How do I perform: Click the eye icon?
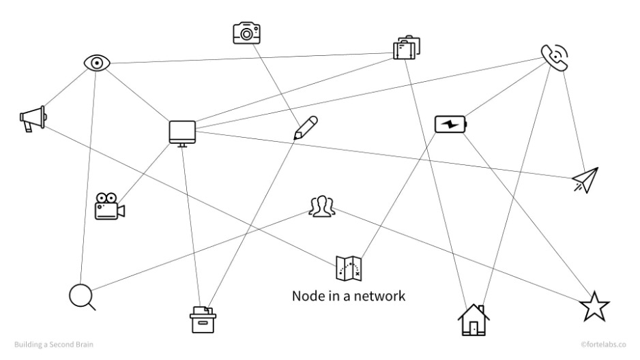tap(98, 63)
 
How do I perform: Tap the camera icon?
tap(247, 32)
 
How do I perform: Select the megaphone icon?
tap(33, 119)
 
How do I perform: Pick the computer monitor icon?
tap(182, 132)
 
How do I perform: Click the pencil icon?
tap(305, 127)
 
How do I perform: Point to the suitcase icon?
tap(406, 47)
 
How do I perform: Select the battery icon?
tap(452, 125)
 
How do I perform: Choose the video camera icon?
tap(109, 207)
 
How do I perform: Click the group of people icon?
tap(321, 206)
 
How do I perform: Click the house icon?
tap(474, 320)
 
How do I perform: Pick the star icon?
tap(594, 307)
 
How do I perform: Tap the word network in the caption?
tap(381, 297)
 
